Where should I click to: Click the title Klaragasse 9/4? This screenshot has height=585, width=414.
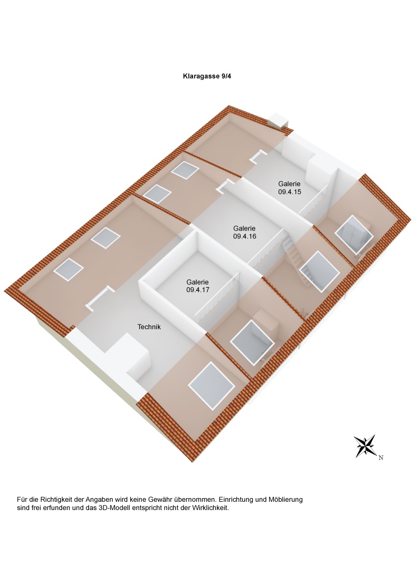click(x=207, y=76)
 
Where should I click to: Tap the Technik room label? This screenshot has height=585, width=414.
click(x=149, y=327)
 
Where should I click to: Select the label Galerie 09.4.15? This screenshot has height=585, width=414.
click(x=290, y=188)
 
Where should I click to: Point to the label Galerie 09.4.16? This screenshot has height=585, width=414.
click(x=244, y=232)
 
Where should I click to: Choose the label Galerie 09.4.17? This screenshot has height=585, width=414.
click(x=198, y=286)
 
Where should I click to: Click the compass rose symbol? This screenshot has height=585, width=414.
click(x=365, y=446)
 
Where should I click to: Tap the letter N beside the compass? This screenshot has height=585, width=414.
click(x=381, y=458)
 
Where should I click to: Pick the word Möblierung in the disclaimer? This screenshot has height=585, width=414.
click(x=286, y=499)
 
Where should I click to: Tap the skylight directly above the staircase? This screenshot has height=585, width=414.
click(x=320, y=272)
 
